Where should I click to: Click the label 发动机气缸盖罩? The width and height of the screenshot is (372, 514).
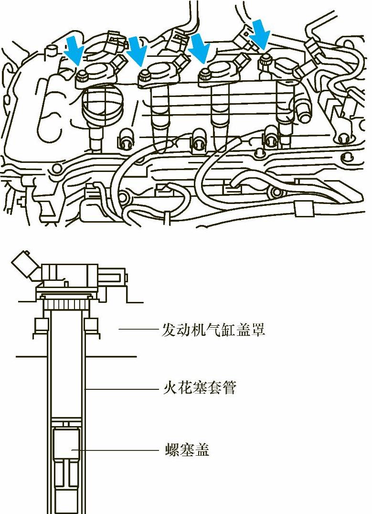213,330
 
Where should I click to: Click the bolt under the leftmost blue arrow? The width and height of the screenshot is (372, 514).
82,74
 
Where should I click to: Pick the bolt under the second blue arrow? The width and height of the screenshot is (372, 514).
145,74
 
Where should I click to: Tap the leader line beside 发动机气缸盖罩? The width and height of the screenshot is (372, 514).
138,329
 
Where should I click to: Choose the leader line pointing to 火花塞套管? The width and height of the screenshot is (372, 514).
122,389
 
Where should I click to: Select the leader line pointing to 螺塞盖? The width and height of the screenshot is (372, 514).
115,450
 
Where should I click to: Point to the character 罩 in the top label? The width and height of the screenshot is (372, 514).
257,330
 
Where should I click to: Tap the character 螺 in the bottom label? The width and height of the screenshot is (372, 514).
170,449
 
